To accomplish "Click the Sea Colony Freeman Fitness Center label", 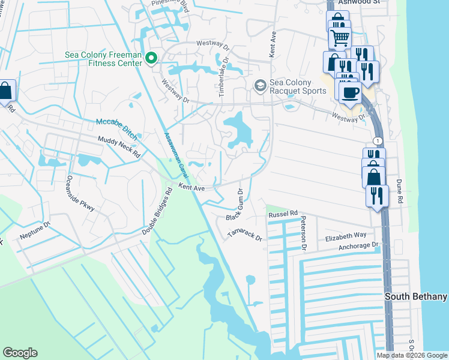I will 103,58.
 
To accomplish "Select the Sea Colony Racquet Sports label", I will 298,86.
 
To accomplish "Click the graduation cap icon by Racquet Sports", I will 260,86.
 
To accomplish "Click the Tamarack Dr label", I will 245,235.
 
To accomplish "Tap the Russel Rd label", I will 283,214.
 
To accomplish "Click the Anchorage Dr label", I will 358,245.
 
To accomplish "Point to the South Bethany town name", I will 416,297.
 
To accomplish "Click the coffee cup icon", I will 350,93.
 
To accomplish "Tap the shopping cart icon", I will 339,38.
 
